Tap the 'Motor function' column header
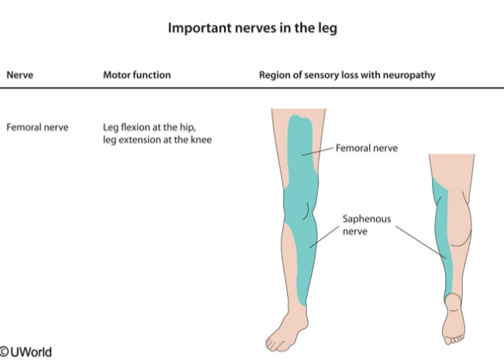click(x=136, y=75)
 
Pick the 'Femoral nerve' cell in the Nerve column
click(x=37, y=126)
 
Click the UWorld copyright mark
click(x=26, y=351)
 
